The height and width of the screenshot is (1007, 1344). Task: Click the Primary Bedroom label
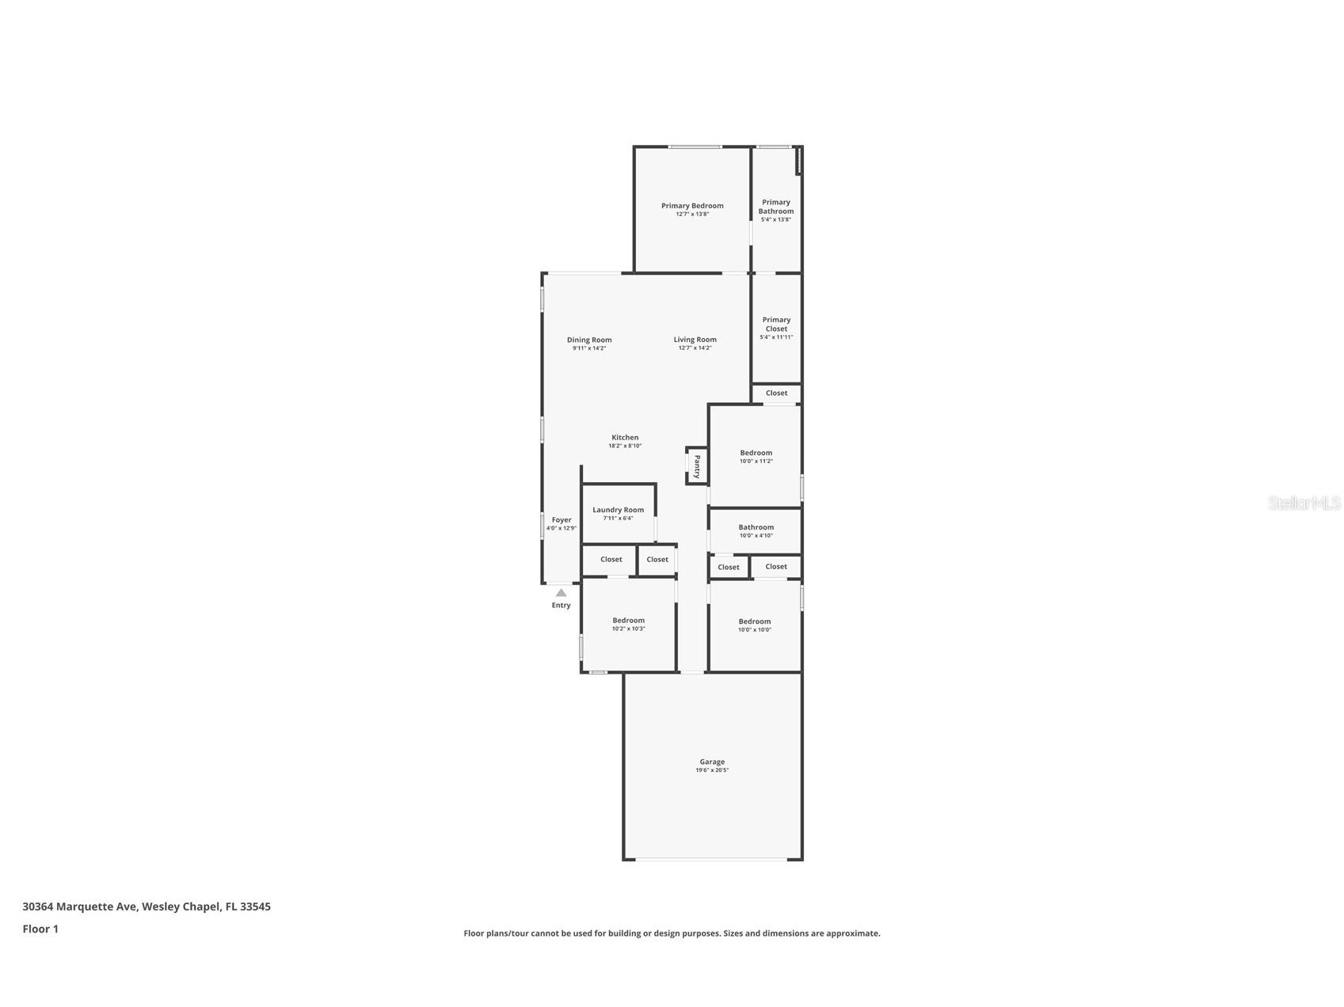point(692,206)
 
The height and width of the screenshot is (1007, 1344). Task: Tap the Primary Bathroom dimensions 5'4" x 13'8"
point(776,219)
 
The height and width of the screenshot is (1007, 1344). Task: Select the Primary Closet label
point(776,325)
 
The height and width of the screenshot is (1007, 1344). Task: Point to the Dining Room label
point(589,340)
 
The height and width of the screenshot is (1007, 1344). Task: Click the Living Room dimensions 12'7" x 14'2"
point(695,348)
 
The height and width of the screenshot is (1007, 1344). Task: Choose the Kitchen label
point(625,437)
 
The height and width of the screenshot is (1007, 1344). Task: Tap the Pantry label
point(697,466)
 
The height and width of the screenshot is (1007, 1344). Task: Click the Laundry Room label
point(618,510)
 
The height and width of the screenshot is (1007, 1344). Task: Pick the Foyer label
point(562,520)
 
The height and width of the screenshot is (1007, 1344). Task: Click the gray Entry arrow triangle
point(561,592)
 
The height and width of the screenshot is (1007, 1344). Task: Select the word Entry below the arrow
point(561,606)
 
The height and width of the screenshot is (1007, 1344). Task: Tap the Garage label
point(712,762)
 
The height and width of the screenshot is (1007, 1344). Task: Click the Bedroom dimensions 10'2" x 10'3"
point(628,629)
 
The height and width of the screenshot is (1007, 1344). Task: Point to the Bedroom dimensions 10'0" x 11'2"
point(756,462)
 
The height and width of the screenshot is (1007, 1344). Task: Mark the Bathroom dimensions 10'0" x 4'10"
point(756,536)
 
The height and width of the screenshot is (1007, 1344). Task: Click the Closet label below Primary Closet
point(776,393)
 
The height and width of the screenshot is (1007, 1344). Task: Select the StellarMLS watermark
point(1304,503)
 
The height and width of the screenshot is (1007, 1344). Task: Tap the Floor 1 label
point(40,929)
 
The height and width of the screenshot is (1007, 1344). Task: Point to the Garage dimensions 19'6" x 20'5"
point(712,770)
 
